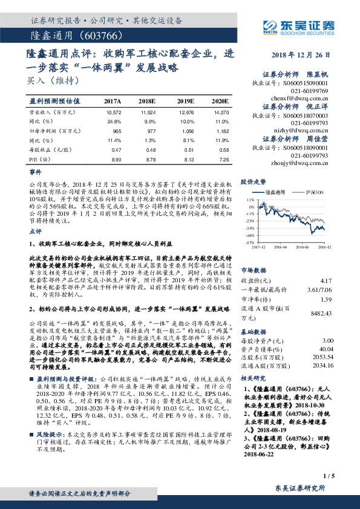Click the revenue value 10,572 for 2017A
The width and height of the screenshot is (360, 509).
[x=114, y=112]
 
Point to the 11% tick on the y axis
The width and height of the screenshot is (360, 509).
[x=249, y=199]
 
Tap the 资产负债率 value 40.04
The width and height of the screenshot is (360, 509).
[x=326, y=349]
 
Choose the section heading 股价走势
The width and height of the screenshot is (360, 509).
[x=254, y=181]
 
